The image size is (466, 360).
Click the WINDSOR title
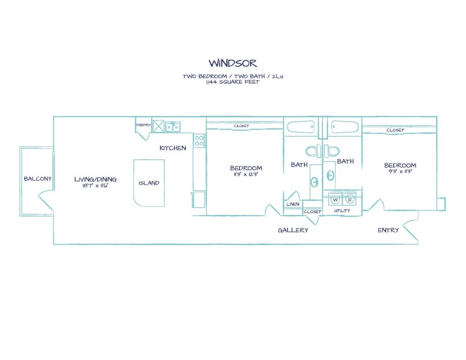click(233, 62)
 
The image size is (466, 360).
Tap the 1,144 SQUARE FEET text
click(233, 82)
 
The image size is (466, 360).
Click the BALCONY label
click(38, 179)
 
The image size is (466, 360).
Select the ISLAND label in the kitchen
click(149, 183)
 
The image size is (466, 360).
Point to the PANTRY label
click(143, 125)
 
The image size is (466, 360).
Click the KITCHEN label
click(172, 148)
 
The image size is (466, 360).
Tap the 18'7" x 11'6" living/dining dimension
click(95, 186)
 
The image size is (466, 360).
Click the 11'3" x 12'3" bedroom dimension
click(246, 174)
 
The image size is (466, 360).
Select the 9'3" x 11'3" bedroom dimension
click(400, 172)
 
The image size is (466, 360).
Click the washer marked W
click(335, 199)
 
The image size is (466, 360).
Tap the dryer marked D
click(349, 199)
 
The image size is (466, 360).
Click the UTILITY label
click(342, 211)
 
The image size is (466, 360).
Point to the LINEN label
click(293, 204)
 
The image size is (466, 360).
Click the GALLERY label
click(293, 230)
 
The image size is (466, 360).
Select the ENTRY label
click(388, 230)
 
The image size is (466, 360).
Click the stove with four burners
click(199, 141)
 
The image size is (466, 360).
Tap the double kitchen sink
click(172, 127)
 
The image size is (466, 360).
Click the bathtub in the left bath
click(300, 127)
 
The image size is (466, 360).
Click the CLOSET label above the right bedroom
click(395, 130)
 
